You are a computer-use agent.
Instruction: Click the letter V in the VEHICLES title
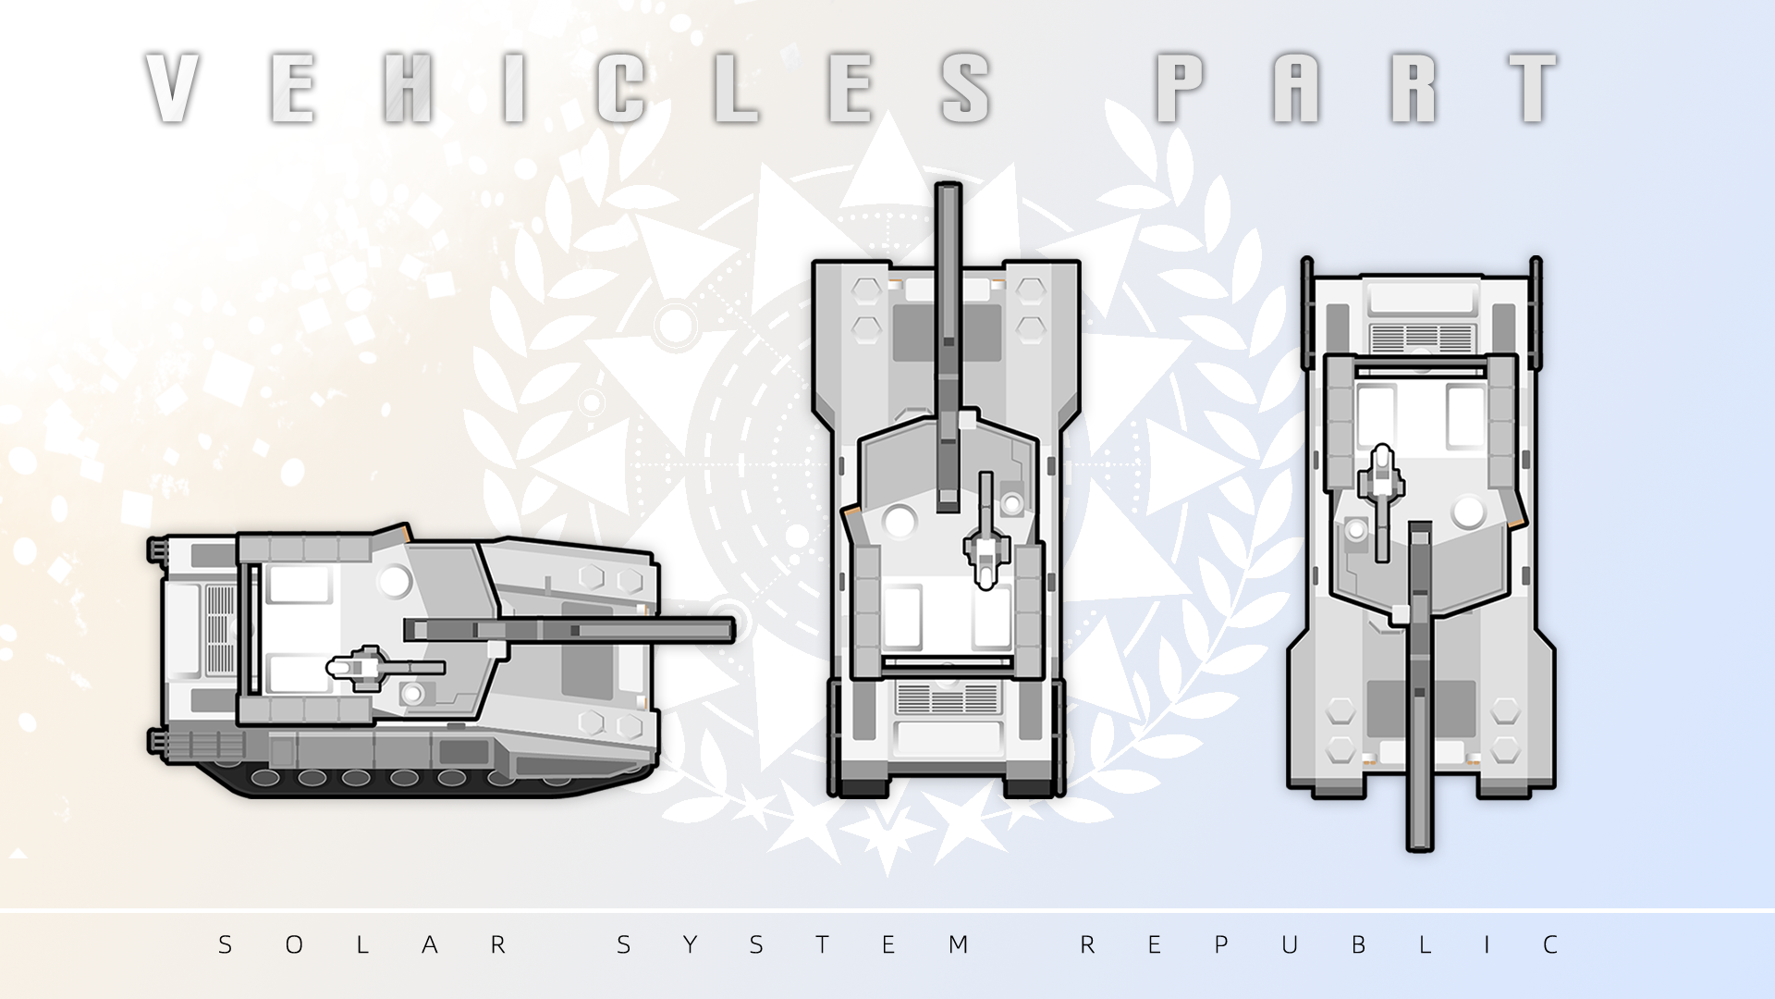173,88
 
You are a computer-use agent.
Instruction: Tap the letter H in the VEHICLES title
408,88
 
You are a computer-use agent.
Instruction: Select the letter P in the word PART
1180,88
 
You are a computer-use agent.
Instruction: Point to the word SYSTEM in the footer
792,944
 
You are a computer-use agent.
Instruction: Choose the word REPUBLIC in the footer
1319,944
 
